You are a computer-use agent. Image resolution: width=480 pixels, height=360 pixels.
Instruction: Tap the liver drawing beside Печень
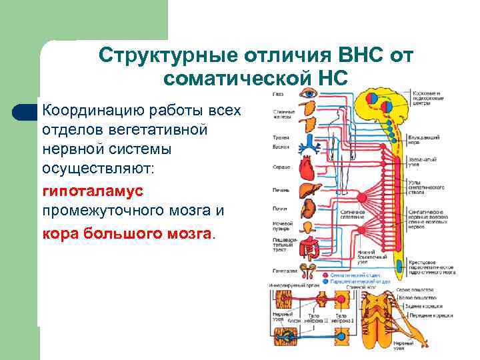(309, 189)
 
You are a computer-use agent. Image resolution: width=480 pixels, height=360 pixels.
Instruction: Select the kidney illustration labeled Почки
(309, 209)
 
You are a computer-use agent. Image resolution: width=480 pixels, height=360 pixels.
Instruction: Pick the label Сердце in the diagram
(280, 166)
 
